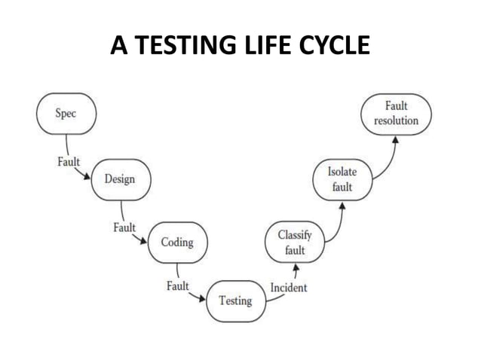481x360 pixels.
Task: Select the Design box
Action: pos(119,180)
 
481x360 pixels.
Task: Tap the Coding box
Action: pos(177,242)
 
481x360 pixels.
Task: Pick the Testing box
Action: pos(235,300)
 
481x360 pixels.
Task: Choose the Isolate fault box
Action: pos(342,179)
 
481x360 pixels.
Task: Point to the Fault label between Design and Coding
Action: pos(124,227)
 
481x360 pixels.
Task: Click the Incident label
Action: pos(289,286)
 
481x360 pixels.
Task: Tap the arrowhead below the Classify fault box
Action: pos(296,267)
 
